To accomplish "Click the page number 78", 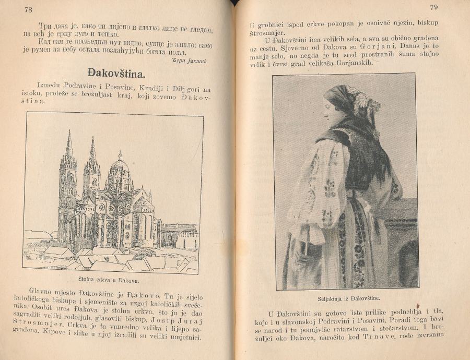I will tap(28, 10).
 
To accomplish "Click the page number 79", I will tap(433, 7).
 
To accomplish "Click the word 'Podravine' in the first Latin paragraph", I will tap(87, 85).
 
